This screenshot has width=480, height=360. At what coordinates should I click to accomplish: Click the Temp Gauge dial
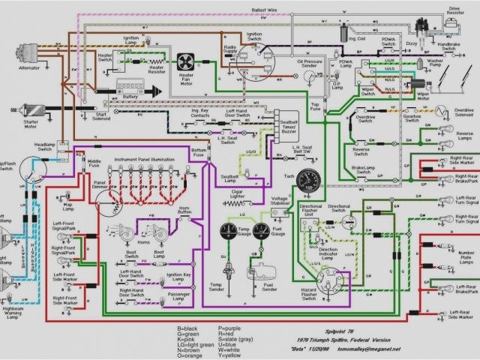[229, 233]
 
